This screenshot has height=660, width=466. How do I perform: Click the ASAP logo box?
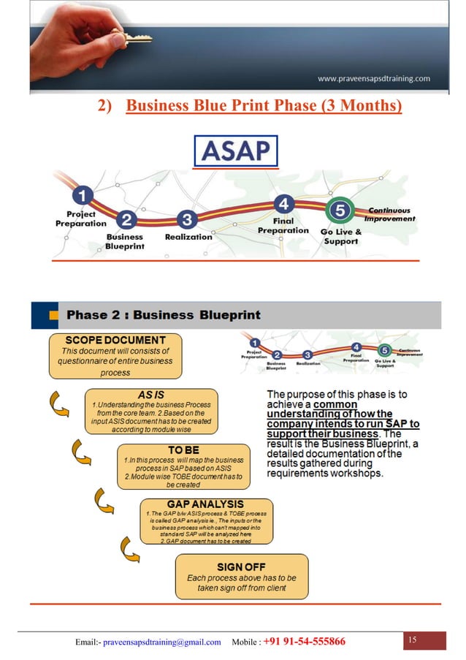coord(236,151)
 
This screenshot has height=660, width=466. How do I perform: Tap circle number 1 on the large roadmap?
coord(85,196)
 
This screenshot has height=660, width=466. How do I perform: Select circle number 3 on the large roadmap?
coord(188,219)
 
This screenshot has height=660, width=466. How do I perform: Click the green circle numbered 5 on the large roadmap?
coord(339,210)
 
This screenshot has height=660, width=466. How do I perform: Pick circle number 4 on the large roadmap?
coord(283,202)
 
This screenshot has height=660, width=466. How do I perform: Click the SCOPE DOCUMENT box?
coord(115,356)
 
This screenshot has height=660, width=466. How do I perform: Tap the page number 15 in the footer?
coord(412,641)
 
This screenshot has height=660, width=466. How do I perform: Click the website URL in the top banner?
coord(373,78)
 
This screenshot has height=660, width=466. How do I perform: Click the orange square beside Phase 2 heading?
coord(54,316)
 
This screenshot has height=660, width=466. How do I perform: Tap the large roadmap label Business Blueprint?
coord(125,242)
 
